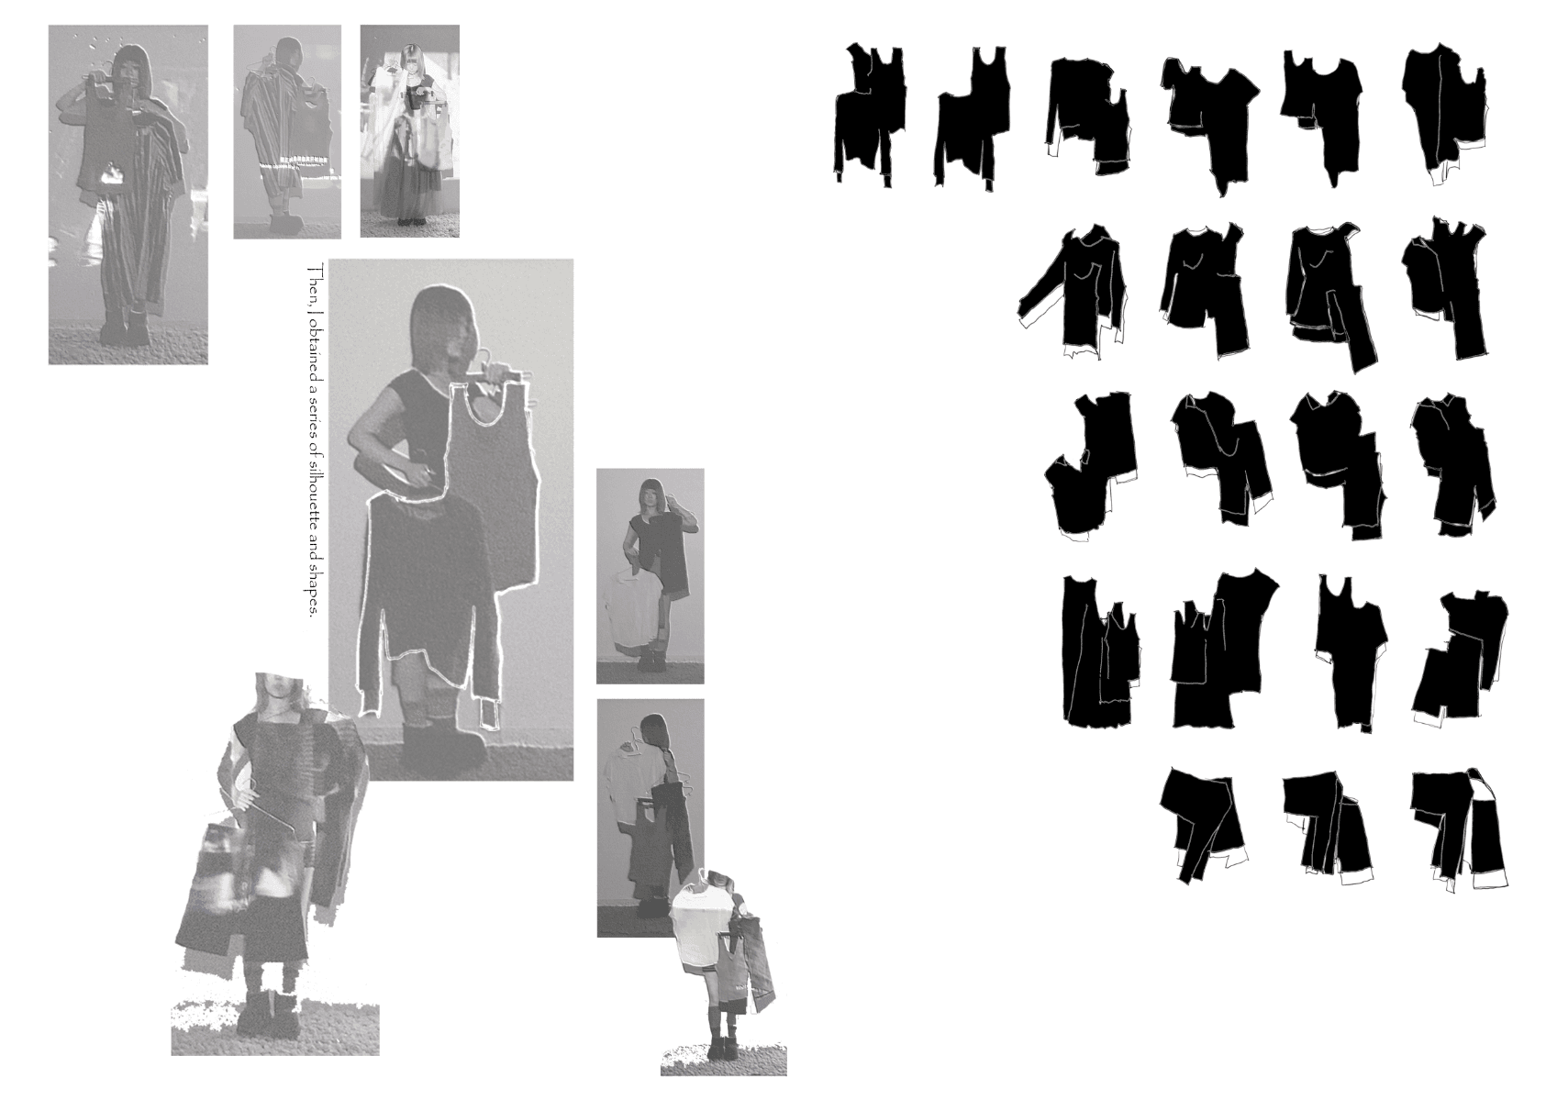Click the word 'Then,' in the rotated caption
tap(310, 283)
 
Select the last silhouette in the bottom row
tap(1461, 829)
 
